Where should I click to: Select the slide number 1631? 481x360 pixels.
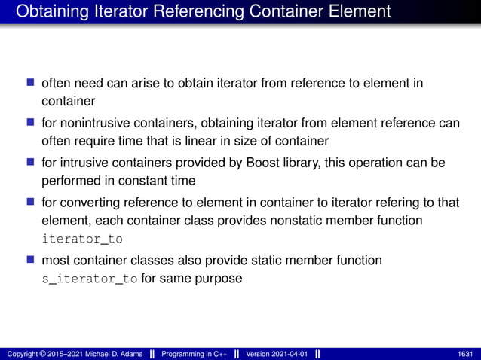point(465,354)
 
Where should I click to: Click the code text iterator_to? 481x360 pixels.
point(82,239)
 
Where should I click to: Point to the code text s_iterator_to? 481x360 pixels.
point(90,279)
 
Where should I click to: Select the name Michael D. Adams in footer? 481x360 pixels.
point(105,354)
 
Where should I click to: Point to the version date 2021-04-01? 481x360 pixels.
point(286,354)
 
